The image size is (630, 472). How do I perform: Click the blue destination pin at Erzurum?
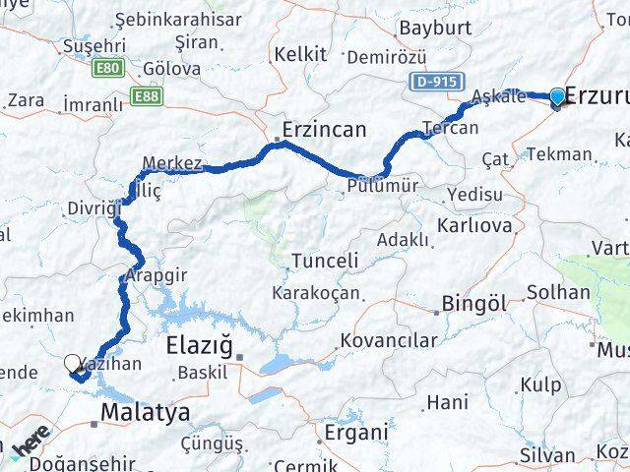click(x=557, y=95)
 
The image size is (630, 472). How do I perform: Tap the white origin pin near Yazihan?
click(x=73, y=364)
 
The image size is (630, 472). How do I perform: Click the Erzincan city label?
click(x=324, y=129)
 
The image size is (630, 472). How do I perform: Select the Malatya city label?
click(x=147, y=412)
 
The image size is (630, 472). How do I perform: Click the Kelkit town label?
click(x=300, y=54)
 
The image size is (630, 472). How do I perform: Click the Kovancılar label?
click(x=388, y=341)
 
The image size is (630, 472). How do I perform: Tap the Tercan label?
click(x=450, y=128)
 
